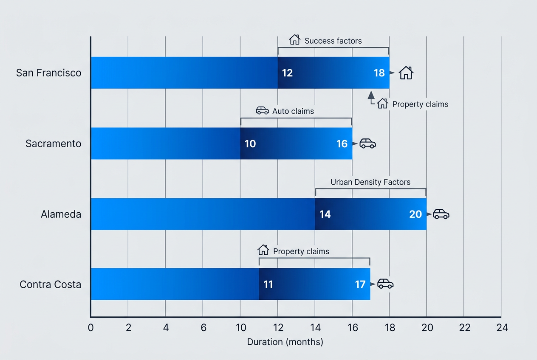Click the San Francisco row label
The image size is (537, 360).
click(x=48, y=73)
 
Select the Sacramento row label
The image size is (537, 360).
click(x=53, y=143)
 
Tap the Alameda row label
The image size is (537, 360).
click(x=61, y=214)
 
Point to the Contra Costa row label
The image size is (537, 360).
click(x=50, y=284)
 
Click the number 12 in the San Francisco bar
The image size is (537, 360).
click(x=287, y=73)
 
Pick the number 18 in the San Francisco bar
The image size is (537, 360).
click(x=379, y=73)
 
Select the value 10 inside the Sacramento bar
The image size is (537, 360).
click(x=250, y=144)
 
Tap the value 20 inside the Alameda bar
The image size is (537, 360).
click(x=415, y=214)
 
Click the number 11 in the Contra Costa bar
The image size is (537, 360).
click(x=268, y=284)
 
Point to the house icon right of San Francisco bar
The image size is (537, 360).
click(x=406, y=73)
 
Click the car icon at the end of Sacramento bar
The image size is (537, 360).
click(x=367, y=143)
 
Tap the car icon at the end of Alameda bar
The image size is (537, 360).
click(x=441, y=214)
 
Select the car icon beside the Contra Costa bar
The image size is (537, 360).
click(x=385, y=284)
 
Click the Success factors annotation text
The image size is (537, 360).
click(x=333, y=41)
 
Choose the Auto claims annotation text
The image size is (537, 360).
click(x=293, y=111)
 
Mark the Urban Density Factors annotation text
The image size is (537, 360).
click(x=370, y=182)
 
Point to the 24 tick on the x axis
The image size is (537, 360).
click(x=502, y=328)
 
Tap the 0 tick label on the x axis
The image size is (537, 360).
click(x=90, y=328)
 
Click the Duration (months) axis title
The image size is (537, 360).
click(x=285, y=342)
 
